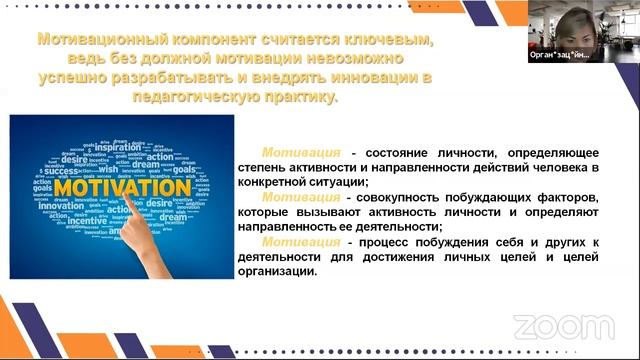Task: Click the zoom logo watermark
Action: click(x=549, y=327)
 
